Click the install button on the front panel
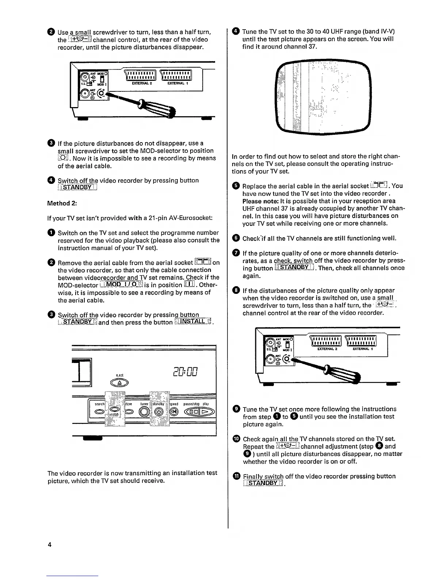click(x=115, y=410)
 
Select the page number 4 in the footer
click(x=50, y=545)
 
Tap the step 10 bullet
click(x=236, y=439)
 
